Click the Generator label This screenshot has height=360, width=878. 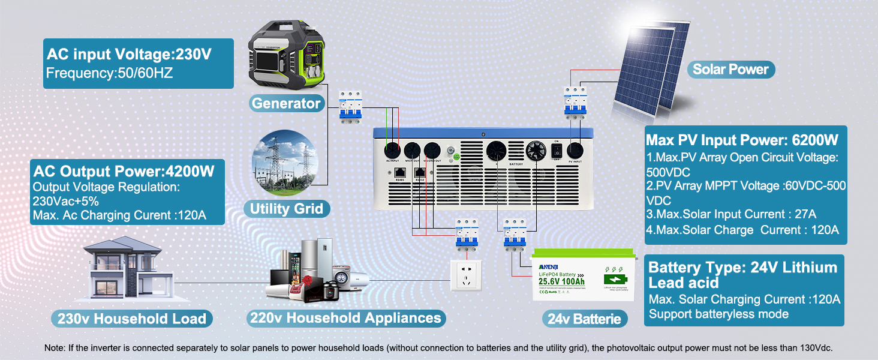tap(286, 103)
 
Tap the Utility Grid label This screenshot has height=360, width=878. tap(286, 209)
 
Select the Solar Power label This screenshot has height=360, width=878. tap(730, 69)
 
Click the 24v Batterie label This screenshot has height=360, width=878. tap(584, 319)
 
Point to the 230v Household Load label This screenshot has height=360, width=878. tap(131, 319)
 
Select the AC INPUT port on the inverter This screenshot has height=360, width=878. tap(392, 150)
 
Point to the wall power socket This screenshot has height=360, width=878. tap(467, 275)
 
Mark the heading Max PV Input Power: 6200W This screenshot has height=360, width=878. tap(741, 140)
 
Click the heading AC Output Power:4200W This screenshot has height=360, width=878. tap(124, 172)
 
